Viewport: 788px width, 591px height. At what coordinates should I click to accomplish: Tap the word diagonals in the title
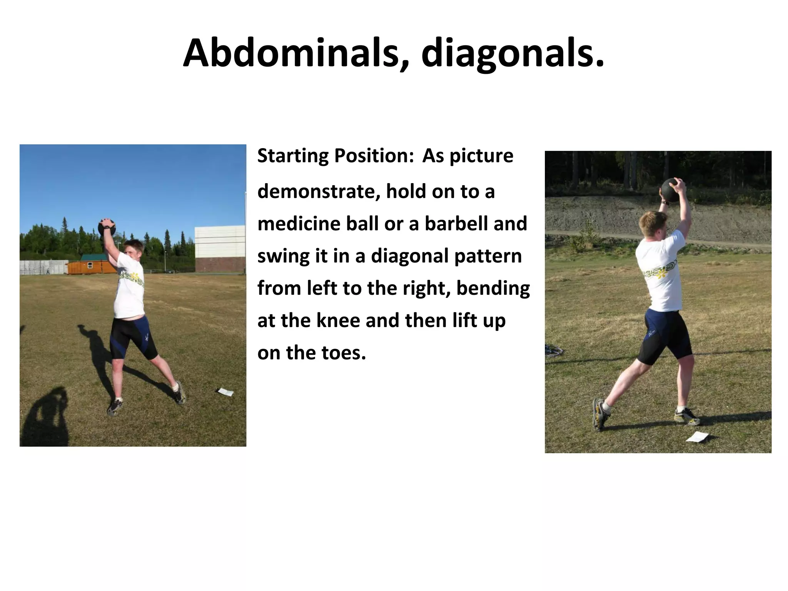pyautogui.click(x=512, y=54)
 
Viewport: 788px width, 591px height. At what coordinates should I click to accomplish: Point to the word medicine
pyautogui.click(x=299, y=224)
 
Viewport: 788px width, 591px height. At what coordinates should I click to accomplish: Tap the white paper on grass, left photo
pyautogui.click(x=226, y=392)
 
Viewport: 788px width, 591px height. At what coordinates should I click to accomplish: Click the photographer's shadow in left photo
pyautogui.click(x=46, y=416)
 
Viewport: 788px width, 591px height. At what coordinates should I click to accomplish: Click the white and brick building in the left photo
pyautogui.click(x=220, y=248)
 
